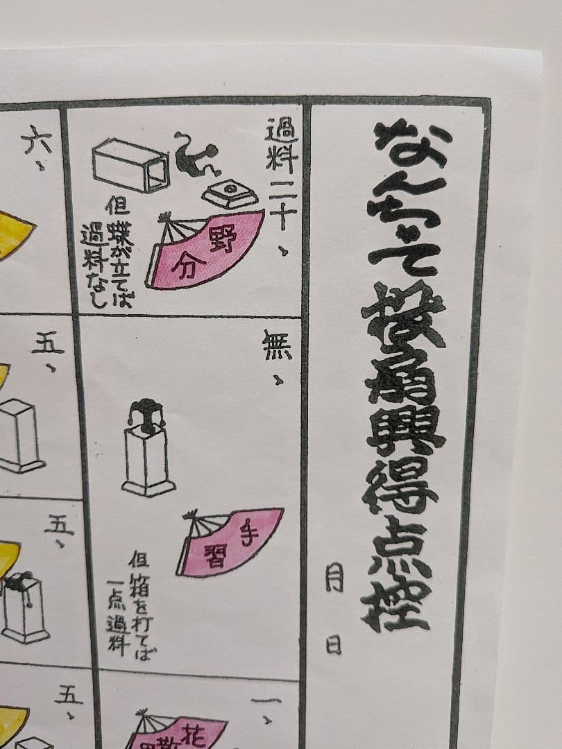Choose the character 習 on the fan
point(214,555)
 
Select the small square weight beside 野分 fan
point(230,193)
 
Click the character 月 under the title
point(334,577)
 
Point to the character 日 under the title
point(334,645)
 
